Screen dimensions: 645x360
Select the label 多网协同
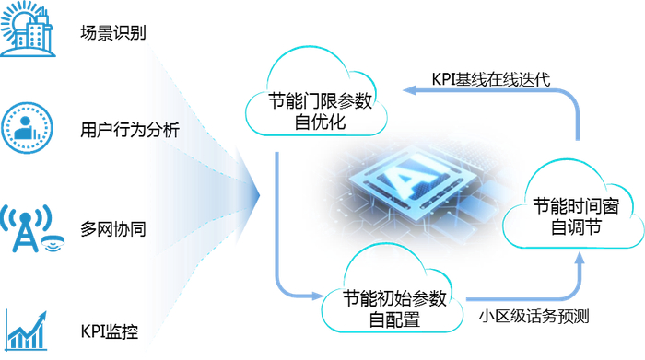coord(113,228)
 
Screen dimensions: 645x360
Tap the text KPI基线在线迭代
coord(491,78)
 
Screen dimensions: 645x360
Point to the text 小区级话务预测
coord(534,318)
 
